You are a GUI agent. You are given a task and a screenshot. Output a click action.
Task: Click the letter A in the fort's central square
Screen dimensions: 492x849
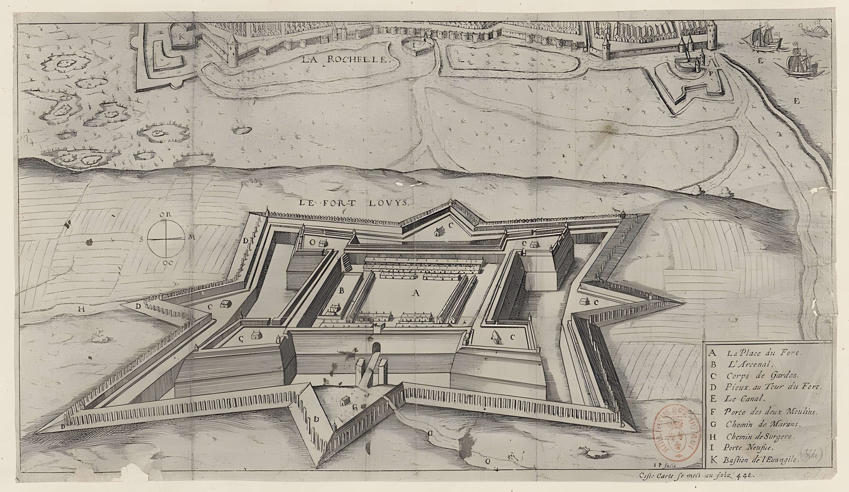coord(416,293)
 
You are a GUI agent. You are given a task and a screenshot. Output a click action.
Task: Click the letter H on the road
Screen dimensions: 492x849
coord(80,310)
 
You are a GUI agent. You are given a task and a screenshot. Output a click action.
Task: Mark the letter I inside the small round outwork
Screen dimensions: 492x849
coord(414,44)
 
